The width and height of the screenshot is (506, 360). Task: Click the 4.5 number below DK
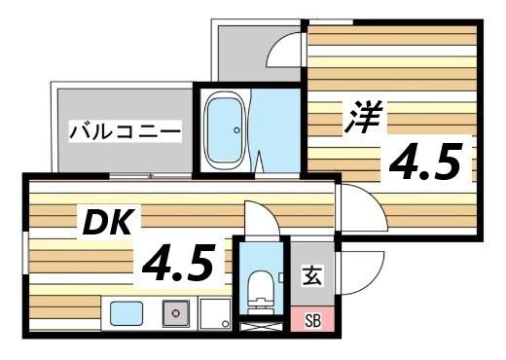178,262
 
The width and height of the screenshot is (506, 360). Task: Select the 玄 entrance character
311,276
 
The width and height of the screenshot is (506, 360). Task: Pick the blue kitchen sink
126,314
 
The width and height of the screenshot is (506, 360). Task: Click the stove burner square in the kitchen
176,313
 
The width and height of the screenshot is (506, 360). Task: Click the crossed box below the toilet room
259,327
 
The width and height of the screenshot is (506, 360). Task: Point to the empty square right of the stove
214,313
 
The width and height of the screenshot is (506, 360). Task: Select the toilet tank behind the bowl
258,306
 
